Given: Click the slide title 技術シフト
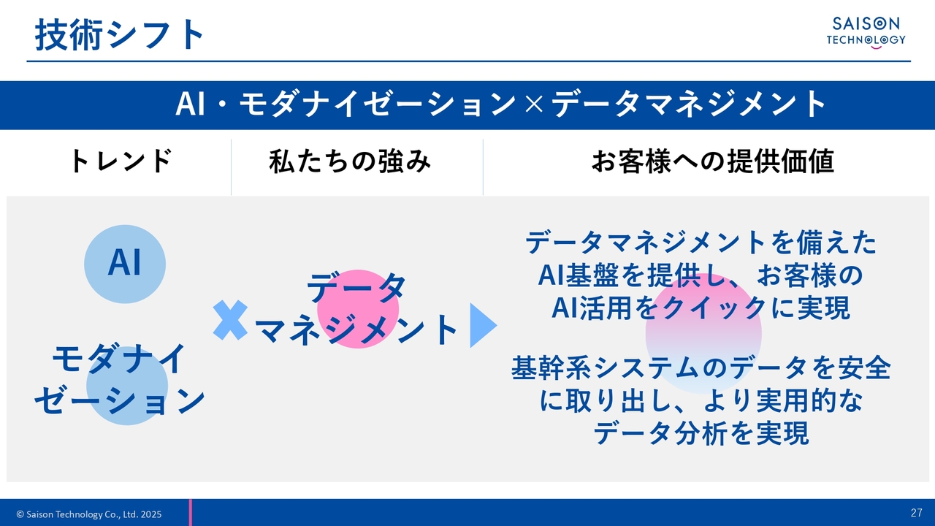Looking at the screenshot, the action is tap(119, 34).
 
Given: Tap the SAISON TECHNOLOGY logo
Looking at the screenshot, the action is tap(866, 33).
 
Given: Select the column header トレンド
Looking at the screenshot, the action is tap(121, 161).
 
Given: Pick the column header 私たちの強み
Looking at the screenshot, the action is tap(350, 161).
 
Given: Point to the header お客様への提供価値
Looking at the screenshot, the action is tap(713, 161).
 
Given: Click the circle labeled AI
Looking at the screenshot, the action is tap(125, 264).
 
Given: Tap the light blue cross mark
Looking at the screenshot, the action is tap(230, 320).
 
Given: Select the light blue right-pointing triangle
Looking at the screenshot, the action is tap(484, 325).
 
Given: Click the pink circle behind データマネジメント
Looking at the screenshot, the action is tap(358, 309).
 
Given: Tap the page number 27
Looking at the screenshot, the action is tap(917, 513).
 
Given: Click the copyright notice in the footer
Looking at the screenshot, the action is tap(89, 514).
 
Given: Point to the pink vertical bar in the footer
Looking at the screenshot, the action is tap(191, 512).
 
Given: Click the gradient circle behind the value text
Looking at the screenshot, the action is tap(703, 334).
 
